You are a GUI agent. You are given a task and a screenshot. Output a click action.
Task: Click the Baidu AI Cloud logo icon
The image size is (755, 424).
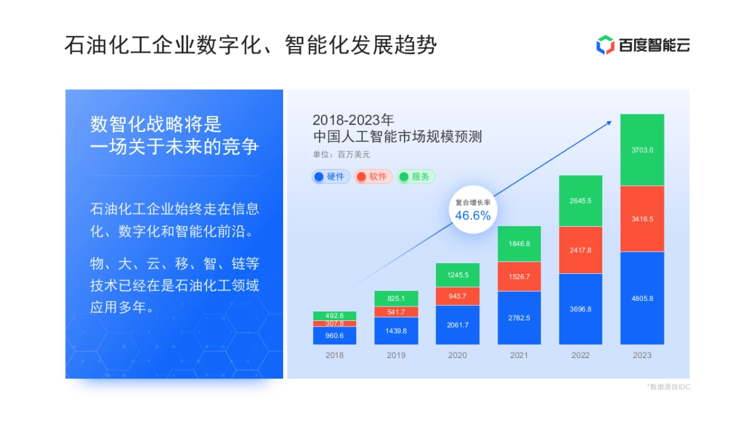[605, 45]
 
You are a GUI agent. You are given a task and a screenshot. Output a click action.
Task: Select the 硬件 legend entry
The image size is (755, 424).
[331, 177]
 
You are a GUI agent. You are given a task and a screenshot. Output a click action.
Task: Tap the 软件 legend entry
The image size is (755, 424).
[373, 177]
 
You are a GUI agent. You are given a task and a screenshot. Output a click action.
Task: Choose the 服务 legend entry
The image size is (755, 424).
[416, 177]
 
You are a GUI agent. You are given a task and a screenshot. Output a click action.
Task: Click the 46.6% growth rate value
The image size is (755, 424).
[473, 216]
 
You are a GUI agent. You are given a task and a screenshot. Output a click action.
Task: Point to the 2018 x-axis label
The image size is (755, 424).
[335, 355]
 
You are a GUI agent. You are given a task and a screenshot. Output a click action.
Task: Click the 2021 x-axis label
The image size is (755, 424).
[519, 355]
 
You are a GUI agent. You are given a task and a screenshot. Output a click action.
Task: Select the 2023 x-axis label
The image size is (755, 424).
[642, 355]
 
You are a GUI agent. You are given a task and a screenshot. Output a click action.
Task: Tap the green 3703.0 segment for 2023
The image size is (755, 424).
[642, 150]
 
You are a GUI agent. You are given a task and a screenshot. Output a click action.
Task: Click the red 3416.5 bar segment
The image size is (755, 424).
[642, 219]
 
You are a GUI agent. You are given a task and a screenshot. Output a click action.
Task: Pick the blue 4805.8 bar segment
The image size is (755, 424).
[642, 298]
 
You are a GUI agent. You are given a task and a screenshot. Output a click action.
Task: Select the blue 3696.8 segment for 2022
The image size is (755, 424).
[581, 308]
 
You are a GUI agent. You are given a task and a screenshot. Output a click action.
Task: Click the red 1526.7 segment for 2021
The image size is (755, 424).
[519, 276]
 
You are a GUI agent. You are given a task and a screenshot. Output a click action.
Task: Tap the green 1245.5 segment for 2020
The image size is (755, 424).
[457, 275]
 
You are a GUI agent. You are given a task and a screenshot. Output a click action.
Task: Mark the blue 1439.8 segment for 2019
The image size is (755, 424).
[396, 330]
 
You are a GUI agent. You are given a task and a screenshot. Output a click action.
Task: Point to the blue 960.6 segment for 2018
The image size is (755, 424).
[335, 335]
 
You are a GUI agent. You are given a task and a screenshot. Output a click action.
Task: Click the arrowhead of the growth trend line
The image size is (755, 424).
[609, 122]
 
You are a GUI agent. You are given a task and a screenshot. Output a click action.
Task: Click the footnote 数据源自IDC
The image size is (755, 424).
[668, 387]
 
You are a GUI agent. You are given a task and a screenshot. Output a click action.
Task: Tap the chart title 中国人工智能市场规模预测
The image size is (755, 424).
[397, 136]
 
